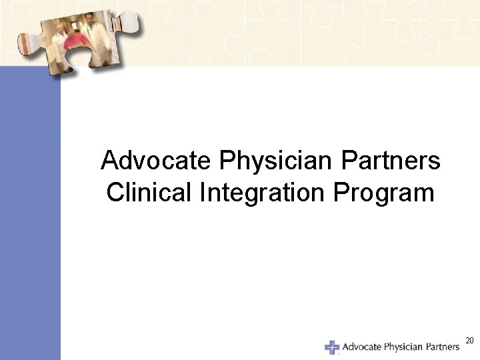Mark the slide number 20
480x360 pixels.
coord(469,341)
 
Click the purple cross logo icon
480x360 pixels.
coord(332,347)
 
